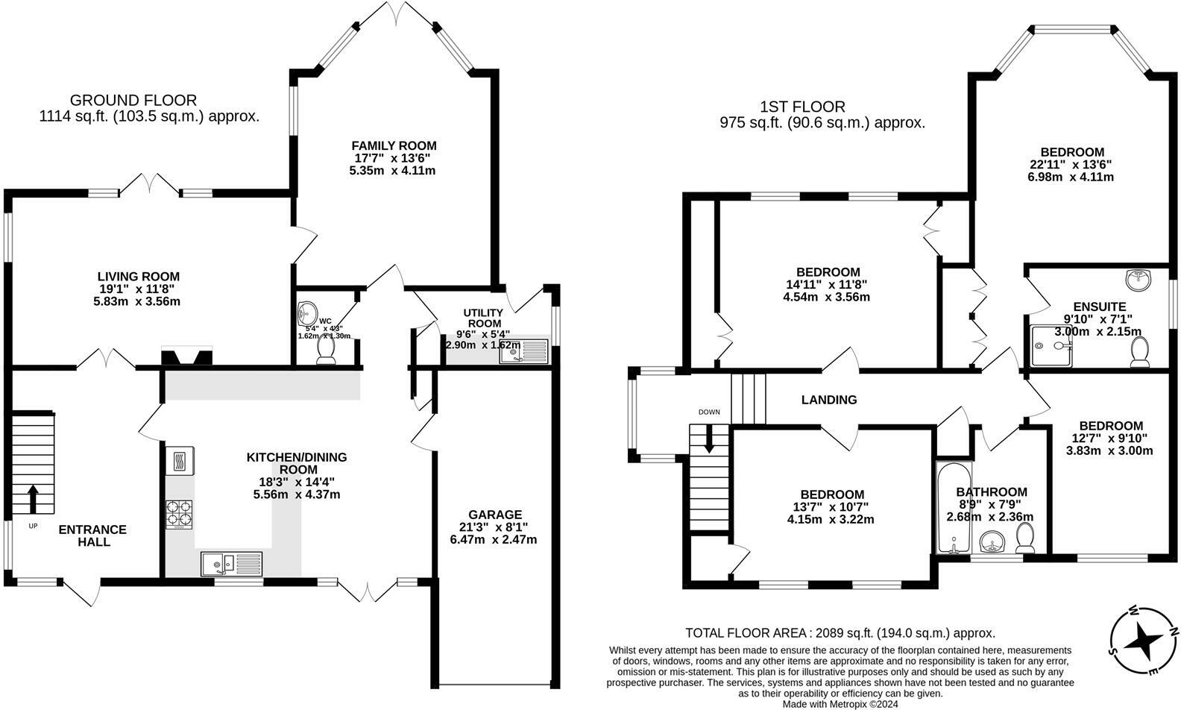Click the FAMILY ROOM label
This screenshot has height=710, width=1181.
point(394,145)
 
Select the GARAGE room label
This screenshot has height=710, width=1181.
point(494,515)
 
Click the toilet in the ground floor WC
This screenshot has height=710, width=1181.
point(326,351)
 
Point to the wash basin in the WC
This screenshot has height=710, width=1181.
point(306,312)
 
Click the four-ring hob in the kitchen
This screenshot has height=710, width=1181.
point(179,515)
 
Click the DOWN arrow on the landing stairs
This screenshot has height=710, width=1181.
point(709,439)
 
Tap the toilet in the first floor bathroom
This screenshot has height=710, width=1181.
point(1027,538)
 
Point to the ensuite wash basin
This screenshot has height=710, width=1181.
point(1138,280)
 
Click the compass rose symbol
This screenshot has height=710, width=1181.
point(1141,641)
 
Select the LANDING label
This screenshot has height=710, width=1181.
point(828,400)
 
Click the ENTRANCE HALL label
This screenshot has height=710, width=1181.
point(93,535)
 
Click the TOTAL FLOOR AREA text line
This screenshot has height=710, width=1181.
point(840,633)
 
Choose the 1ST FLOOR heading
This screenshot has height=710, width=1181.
point(802,107)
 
